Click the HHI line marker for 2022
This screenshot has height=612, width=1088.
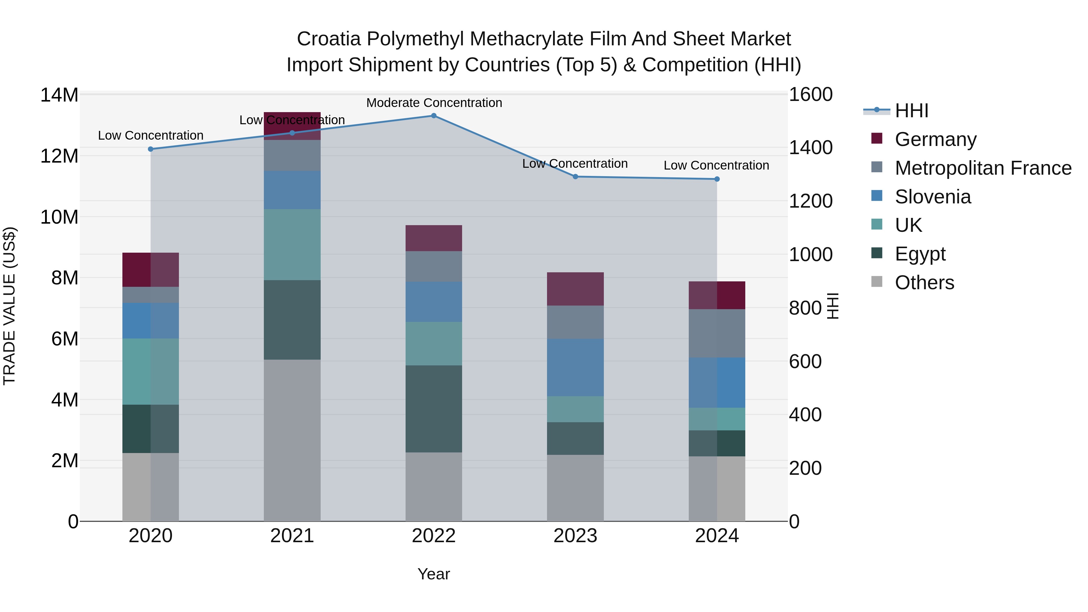tap(433, 115)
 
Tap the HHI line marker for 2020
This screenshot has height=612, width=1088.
tap(151, 149)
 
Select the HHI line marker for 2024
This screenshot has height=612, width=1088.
tap(717, 179)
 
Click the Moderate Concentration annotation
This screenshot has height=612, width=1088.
tap(434, 103)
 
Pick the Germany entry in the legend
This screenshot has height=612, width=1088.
tap(935, 139)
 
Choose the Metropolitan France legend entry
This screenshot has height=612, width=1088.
tap(983, 168)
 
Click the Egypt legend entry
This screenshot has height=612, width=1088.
tap(920, 254)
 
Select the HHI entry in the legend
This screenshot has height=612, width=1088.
tap(912, 111)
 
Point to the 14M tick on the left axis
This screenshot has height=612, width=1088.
tap(59, 95)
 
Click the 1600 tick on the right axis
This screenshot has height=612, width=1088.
tap(811, 94)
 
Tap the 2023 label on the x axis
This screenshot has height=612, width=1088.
tap(575, 536)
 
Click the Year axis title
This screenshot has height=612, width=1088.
tap(433, 574)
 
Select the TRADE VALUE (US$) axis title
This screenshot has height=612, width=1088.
tap(10, 306)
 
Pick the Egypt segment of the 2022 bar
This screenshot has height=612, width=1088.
tap(433, 409)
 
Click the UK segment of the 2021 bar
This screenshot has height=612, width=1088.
tap(292, 244)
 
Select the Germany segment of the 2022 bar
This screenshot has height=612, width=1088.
tap(433, 238)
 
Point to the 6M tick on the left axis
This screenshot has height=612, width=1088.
tap(65, 339)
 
